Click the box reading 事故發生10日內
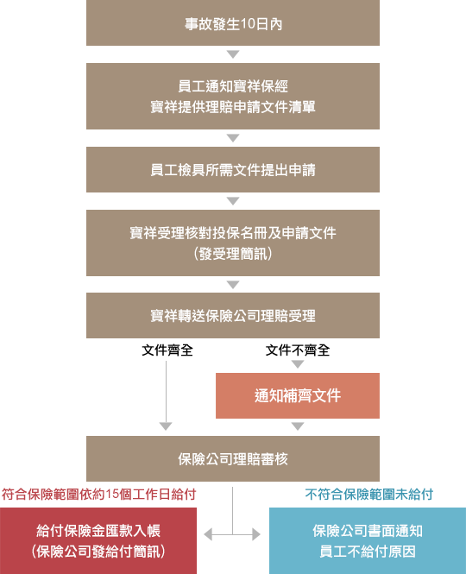pos(233,22)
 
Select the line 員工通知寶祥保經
pos(233,86)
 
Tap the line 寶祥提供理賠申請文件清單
pos(233,107)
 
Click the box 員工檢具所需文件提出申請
pos(233,169)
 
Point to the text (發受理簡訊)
pos(233,254)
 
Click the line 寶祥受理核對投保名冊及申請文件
pos(233,233)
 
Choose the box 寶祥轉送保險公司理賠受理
pos(233,315)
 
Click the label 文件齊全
pos(167,350)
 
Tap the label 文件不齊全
pos(298,350)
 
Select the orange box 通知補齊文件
pos(298,395)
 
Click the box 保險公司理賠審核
pos(233,458)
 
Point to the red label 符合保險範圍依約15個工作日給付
pos(99,495)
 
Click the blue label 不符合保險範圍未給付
pos(369,495)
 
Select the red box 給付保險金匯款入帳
pos(98,540)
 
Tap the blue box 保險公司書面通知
pos(368,540)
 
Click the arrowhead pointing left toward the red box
pos(208,534)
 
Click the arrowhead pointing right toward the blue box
pos(256,534)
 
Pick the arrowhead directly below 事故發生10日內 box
pos(233,54)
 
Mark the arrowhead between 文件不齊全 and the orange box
pos(298,364)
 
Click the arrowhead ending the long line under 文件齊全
pos(166,426)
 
